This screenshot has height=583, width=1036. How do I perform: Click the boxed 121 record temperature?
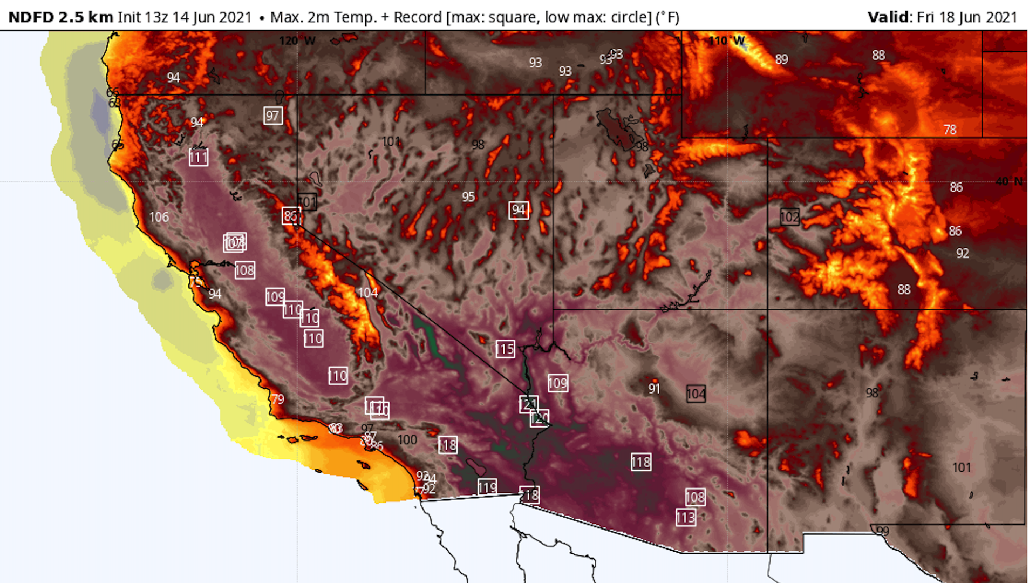528,404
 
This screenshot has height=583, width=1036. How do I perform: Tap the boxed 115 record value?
506,349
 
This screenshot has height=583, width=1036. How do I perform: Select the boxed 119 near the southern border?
487,487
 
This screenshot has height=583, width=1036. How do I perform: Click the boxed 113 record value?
686,518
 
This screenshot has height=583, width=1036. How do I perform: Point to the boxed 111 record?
199,158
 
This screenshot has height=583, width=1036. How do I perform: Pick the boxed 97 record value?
272,116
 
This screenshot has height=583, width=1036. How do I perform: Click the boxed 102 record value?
789,217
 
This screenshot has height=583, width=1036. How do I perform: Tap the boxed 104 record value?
696,394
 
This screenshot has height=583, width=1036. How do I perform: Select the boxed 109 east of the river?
558,383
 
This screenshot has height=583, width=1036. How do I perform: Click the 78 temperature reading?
950,130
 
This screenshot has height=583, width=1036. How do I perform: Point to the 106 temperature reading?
159,217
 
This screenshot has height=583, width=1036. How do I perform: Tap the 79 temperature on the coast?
277,399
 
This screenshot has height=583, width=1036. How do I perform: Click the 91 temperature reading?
654,389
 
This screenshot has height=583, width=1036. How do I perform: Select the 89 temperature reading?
781,59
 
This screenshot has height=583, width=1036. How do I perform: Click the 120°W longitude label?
297,41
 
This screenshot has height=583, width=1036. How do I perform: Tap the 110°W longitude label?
727,41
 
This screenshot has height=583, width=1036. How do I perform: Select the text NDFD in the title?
31,17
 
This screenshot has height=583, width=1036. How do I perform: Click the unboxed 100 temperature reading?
407,440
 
